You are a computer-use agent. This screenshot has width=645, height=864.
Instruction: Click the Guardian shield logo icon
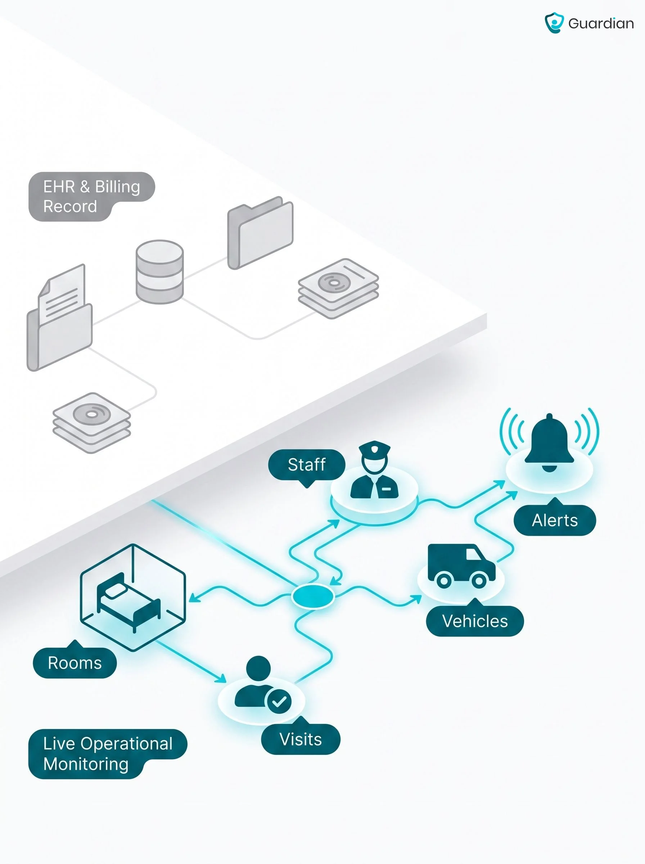click(x=554, y=23)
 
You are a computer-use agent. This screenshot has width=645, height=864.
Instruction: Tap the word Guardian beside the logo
click(x=601, y=23)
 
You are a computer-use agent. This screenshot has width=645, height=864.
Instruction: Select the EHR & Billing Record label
click(x=92, y=197)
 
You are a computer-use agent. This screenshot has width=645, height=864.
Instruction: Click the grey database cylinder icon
click(x=160, y=272)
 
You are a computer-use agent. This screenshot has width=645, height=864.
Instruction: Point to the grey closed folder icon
click(x=260, y=233)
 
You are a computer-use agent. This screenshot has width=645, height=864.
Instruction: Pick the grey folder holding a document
click(x=60, y=318)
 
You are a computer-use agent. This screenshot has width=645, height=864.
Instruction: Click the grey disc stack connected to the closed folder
click(x=338, y=288)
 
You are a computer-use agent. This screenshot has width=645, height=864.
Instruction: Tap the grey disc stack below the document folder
click(x=92, y=423)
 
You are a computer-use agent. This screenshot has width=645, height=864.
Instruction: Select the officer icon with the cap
click(x=374, y=470)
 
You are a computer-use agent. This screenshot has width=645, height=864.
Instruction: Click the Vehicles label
click(x=475, y=621)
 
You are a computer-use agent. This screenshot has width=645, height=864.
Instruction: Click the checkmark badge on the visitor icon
click(x=279, y=702)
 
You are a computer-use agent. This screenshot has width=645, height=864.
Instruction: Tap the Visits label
click(x=301, y=739)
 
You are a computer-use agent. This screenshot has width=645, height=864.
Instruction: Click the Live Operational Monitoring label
click(x=108, y=754)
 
